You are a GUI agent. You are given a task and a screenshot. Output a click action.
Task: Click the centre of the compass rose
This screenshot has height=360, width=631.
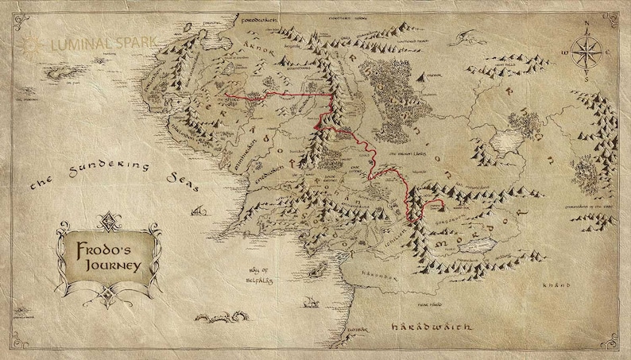tap(588, 52)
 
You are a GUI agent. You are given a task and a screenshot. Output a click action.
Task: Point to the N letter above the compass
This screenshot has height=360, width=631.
tap(588, 23)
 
